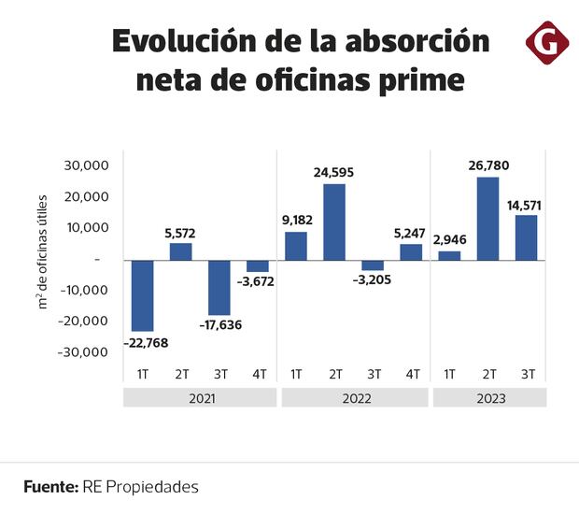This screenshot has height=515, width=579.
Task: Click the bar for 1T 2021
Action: (x=143, y=295)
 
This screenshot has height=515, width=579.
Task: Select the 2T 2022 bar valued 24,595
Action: (x=334, y=222)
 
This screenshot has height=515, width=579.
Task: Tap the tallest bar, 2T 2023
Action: (x=487, y=218)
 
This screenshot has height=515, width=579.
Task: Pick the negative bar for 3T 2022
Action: (x=373, y=265)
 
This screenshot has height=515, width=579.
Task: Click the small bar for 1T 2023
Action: (x=449, y=255)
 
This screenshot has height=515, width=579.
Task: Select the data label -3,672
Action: (x=258, y=280)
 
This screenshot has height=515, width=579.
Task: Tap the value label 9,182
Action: (x=295, y=221)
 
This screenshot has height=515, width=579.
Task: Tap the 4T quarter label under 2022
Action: (x=411, y=374)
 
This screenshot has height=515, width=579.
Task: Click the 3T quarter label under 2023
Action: (x=527, y=374)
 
